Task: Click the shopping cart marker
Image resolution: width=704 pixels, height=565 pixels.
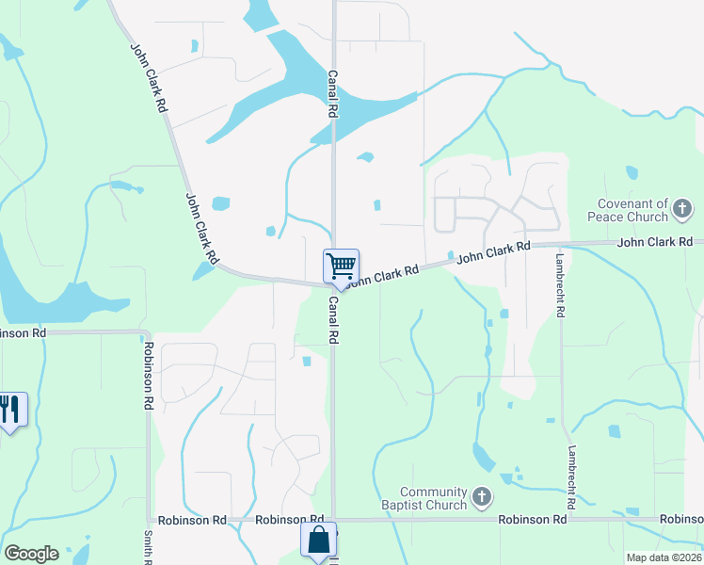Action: [x=340, y=265]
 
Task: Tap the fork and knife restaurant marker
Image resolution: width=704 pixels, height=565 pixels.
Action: [x=10, y=409]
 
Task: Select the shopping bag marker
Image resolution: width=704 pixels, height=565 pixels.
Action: [x=318, y=541]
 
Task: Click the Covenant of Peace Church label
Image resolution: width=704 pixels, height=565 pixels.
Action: [x=632, y=211]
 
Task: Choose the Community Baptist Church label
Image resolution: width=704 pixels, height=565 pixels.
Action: [x=433, y=498]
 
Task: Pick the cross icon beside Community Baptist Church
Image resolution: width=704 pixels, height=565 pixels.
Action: [x=482, y=495]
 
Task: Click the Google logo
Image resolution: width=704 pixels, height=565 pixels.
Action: [x=31, y=554]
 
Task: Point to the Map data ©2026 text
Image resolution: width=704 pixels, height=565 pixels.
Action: [x=664, y=557]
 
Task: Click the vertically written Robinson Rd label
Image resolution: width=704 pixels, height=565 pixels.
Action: [x=149, y=374]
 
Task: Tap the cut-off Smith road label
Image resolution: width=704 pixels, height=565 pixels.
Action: [x=148, y=546]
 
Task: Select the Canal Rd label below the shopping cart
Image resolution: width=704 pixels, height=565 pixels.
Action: [x=332, y=320]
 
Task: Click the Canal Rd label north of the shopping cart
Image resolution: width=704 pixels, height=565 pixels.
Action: [x=332, y=92]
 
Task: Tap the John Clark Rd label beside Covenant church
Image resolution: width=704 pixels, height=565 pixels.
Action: [x=655, y=243]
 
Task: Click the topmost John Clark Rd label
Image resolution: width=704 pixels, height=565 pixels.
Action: [x=149, y=78]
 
